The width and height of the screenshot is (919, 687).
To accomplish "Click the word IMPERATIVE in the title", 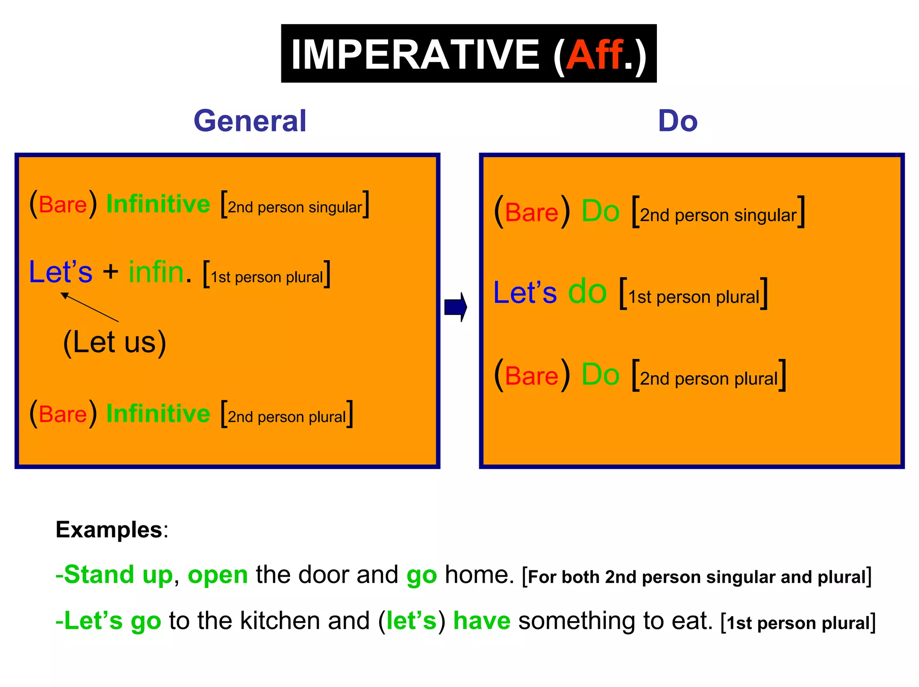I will pyautogui.click(x=415, y=55).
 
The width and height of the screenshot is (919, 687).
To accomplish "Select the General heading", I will pyautogui.click(x=250, y=121).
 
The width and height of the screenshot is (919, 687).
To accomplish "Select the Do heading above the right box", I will pyautogui.click(x=678, y=121).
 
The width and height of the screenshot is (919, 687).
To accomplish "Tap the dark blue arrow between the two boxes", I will pyautogui.click(x=455, y=307).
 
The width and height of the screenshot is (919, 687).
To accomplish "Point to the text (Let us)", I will pyautogui.click(x=114, y=342).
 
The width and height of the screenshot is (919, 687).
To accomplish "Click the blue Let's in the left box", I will pyautogui.click(x=61, y=272).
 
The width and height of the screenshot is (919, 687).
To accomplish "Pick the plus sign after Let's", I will pyautogui.click(x=110, y=272).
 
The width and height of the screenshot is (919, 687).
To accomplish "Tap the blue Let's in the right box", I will pyautogui.click(x=525, y=293).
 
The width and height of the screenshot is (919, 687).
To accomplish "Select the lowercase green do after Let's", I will pyautogui.click(x=587, y=292).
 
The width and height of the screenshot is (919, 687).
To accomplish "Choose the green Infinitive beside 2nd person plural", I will pyautogui.click(x=158, y=413).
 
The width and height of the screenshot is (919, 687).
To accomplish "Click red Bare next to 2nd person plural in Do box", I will pyautogui.click(x=532, y=376).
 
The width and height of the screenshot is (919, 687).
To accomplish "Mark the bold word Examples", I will pyautogui.click(x=109, y=530).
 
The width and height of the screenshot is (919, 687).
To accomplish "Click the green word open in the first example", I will pyautogui.click(x=218, y=575).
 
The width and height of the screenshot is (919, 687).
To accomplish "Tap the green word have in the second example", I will pyautogui.click(x=481, y=621).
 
